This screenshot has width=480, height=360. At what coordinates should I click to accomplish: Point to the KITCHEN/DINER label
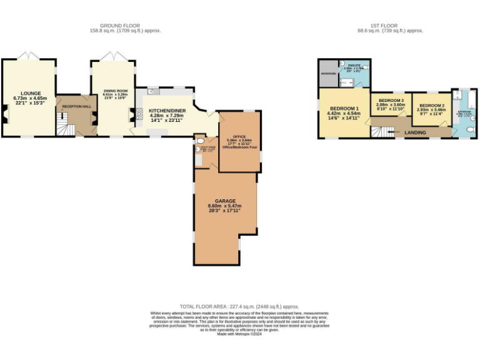tap(166, 110)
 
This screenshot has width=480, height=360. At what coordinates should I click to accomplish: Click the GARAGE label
tap(226, 201)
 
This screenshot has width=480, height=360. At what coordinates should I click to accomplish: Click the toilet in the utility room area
tap(197, 150)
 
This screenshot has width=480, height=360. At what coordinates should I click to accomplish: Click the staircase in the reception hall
tap(62, 128)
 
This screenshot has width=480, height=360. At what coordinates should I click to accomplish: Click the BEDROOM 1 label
tap(343, 108)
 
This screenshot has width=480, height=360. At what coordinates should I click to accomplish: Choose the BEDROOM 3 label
tap(391, 100)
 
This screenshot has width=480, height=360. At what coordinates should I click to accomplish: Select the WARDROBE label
tap(328, 74)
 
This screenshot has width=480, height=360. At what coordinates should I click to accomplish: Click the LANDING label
tap(416, 132)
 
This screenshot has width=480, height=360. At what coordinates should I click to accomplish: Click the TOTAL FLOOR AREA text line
tap(239, 307)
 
